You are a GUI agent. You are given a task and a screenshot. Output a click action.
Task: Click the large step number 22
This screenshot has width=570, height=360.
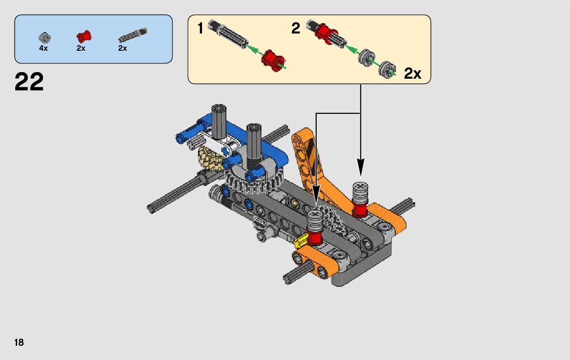pos(29,82)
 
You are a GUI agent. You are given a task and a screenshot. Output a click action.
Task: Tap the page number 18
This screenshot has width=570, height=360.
pos(19,342)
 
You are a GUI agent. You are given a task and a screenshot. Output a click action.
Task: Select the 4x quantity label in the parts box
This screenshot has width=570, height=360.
pos(43,48)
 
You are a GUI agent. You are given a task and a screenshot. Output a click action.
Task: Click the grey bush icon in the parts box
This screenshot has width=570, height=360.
pos(44,38)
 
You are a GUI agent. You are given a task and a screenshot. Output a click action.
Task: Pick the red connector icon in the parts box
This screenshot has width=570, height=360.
pos(84,37)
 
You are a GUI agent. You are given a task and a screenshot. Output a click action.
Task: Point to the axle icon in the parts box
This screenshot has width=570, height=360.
pos(132,35)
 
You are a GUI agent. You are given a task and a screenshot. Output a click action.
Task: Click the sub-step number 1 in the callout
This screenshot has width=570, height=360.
pos(200,28)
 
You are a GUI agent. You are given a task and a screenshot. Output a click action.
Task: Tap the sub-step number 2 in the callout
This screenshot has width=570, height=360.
pos(295,28)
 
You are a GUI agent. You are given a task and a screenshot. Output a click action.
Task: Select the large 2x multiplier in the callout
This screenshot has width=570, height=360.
pos(413,74)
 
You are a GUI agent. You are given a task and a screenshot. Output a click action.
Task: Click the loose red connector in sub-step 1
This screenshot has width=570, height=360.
pos(273,60)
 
